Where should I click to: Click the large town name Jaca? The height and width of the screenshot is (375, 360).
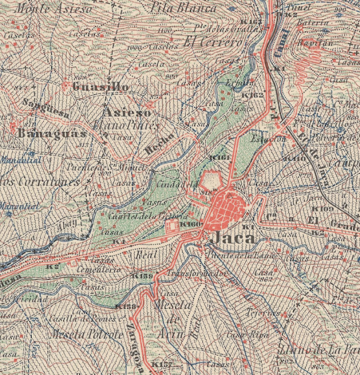233,238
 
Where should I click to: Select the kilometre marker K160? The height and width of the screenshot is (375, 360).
191,224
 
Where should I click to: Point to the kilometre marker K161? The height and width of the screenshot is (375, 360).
218,158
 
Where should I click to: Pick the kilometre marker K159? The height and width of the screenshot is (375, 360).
142,275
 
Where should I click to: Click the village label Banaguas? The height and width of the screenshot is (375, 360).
45,133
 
